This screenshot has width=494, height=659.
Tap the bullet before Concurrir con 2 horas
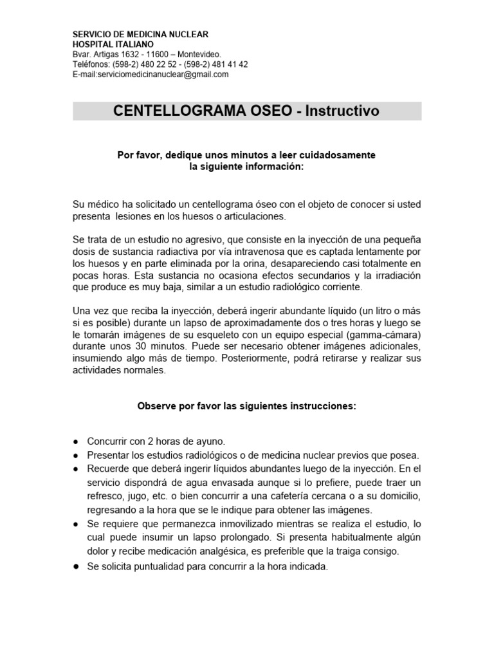(x=76, y=441)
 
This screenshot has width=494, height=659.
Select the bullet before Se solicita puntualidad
(x=76, y=566)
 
